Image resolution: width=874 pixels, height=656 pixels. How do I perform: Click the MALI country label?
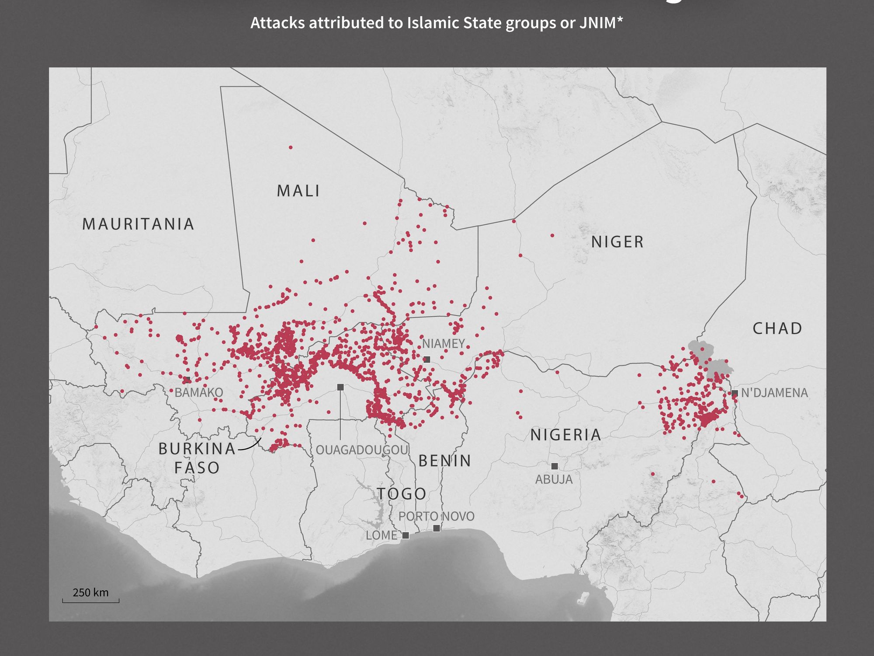298,191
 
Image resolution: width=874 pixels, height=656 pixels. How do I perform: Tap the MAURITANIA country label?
138,224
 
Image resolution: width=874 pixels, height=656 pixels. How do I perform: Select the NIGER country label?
617,241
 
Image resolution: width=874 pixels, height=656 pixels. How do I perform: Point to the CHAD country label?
777,328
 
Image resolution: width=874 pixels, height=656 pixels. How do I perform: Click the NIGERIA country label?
566,435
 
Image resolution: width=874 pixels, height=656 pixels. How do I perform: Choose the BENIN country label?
445,461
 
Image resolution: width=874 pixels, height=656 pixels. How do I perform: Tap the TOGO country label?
402,494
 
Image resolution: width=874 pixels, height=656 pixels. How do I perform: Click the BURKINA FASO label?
197,458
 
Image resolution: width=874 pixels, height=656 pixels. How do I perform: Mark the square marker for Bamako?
187,379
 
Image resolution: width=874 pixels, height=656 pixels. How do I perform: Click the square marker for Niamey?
427,359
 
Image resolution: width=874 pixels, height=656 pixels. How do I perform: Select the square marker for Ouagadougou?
340,387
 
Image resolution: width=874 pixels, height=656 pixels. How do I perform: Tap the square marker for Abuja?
555,466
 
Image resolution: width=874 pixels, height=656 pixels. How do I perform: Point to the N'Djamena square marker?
735,393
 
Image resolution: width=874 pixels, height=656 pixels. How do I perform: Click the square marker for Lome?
406,535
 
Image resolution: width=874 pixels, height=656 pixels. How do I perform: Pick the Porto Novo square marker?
436,528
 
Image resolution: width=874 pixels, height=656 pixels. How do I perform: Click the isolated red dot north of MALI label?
291,147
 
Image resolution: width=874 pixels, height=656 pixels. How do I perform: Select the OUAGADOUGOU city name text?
362,450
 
